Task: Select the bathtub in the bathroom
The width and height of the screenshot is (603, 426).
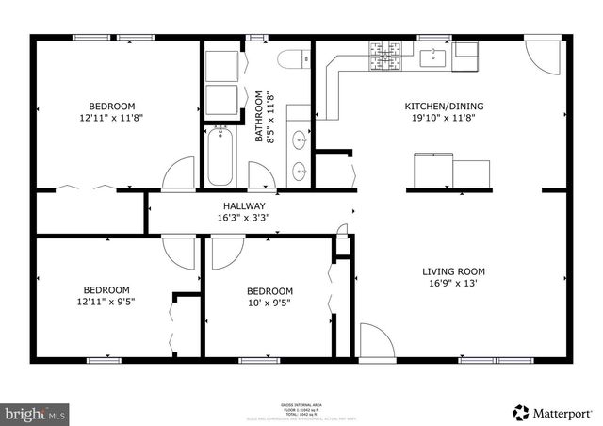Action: tap(219, 156)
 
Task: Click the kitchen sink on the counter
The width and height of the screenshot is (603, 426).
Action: tap(435, 59)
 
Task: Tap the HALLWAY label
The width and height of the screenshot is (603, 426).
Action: tap(243, 206)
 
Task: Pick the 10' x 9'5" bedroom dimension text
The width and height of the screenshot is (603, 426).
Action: tap(269, 303)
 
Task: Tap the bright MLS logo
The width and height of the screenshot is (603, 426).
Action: tap(35, 412)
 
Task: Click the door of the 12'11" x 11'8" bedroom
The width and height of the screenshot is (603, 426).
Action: tap(176, 175)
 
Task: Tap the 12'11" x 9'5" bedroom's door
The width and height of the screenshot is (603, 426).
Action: tap(177, 252)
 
